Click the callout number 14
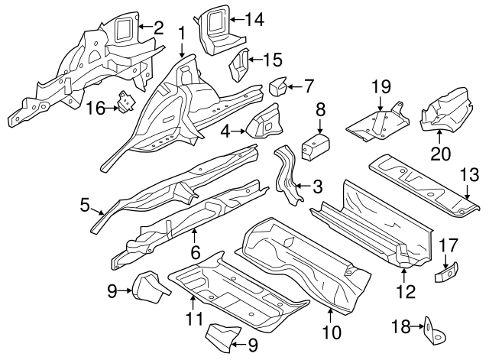point(254,21)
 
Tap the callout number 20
point(440,153)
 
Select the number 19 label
point(381,86)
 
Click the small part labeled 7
point(276,86)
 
